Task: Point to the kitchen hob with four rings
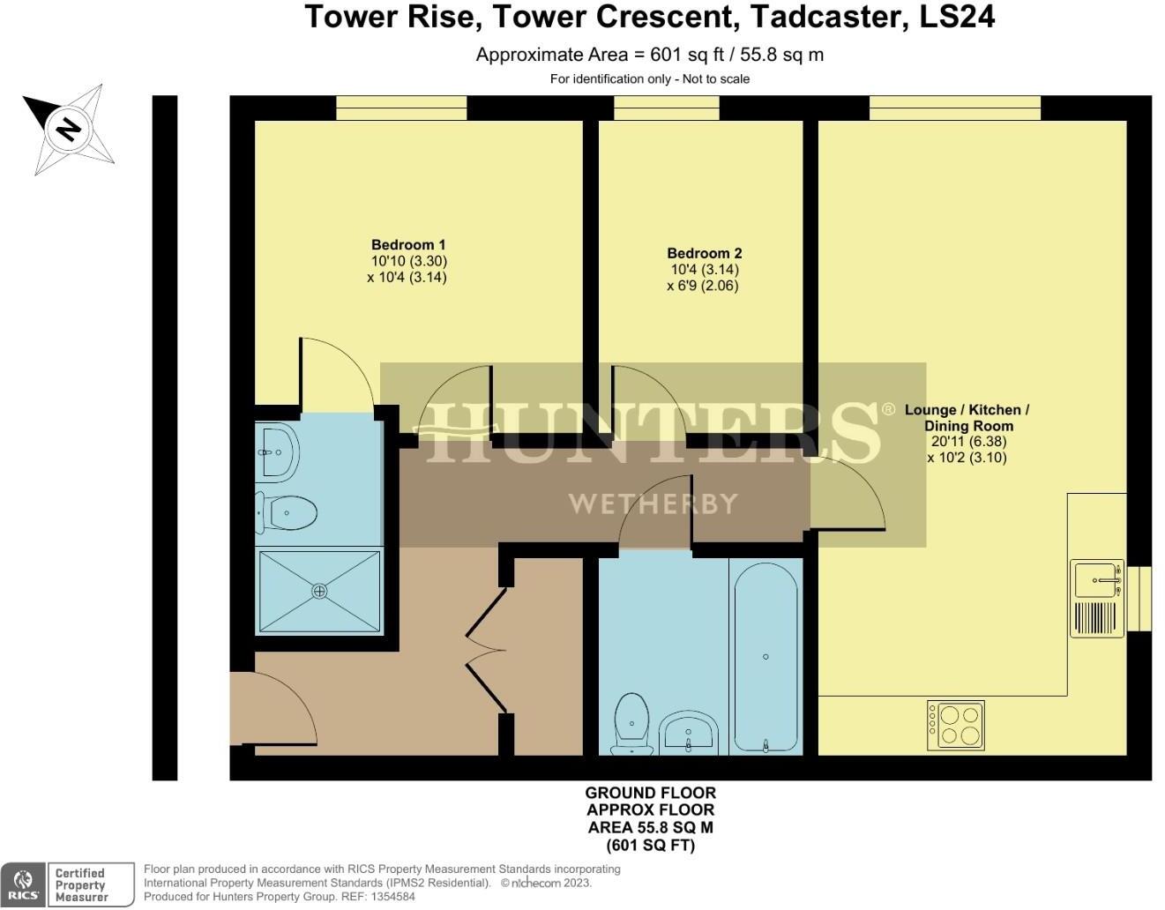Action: tap(955, 725)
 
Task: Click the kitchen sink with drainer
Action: tap(1096, 597)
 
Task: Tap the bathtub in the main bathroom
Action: tap(765, 657)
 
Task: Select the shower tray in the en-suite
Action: tap(319, 591)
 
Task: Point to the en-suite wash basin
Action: tap(277, 452)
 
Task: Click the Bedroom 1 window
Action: tap(401, 108)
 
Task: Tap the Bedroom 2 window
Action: tap(666, 108)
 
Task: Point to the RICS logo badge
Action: tap(24, 884)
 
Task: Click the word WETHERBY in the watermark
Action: tap(653, 503)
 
